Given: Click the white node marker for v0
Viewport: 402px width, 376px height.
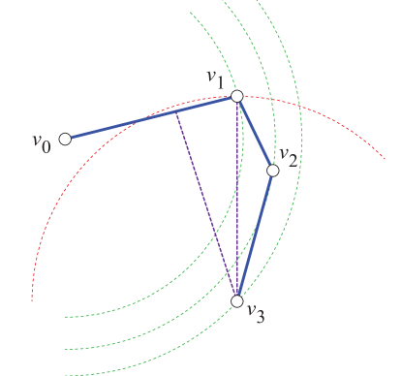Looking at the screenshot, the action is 65,139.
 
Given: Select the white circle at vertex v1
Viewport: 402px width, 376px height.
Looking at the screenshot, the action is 237,96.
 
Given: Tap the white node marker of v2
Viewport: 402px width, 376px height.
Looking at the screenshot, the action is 273,170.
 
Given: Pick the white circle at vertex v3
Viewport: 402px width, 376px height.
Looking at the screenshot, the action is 237,301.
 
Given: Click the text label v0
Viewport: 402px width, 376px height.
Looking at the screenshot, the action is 41,143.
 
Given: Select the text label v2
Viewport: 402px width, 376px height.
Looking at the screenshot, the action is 289,155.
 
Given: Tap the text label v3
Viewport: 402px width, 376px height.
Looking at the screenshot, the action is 256,312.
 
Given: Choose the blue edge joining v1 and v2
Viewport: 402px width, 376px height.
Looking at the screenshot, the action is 255,133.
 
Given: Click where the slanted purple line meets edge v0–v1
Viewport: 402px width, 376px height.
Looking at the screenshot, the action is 176,111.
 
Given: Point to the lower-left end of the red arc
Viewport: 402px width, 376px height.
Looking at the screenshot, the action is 33,298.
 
